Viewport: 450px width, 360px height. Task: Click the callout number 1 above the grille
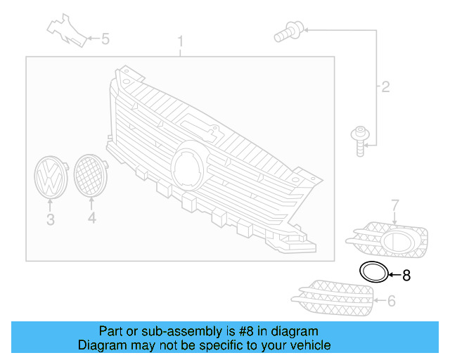pyautogui.click(x=180, y=41)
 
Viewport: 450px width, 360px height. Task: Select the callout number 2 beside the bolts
pyautogui.click(x=385, y=87)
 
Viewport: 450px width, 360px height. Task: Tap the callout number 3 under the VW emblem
pyautogui.click(x=50, y=220)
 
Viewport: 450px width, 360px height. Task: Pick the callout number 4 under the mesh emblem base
pyautogui.click(x=91, y=220)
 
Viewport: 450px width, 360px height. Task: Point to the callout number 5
pyautogui.click(x=105, y=39)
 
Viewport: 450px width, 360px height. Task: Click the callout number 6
pyautogui.click(x=392, y=301)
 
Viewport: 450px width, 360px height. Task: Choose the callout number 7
pyautogui.click(x=394, y=205)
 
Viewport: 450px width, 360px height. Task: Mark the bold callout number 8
pyautogui.click(x=406, y=275)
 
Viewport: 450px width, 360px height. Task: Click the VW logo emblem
pyautogui.click(x=50, y=177)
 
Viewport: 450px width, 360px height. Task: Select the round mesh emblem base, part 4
pyautogui.click(x=90, y=174)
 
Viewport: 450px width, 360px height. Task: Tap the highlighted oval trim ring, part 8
pyautogui.click(x=373, y=271)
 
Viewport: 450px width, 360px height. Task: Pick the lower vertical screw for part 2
pyautogui.click(x=360, y=140)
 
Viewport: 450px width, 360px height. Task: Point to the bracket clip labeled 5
pyautogui.click(x=67, y=29)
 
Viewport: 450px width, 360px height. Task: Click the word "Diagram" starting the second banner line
pyautogui.click(x=98, y=345)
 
